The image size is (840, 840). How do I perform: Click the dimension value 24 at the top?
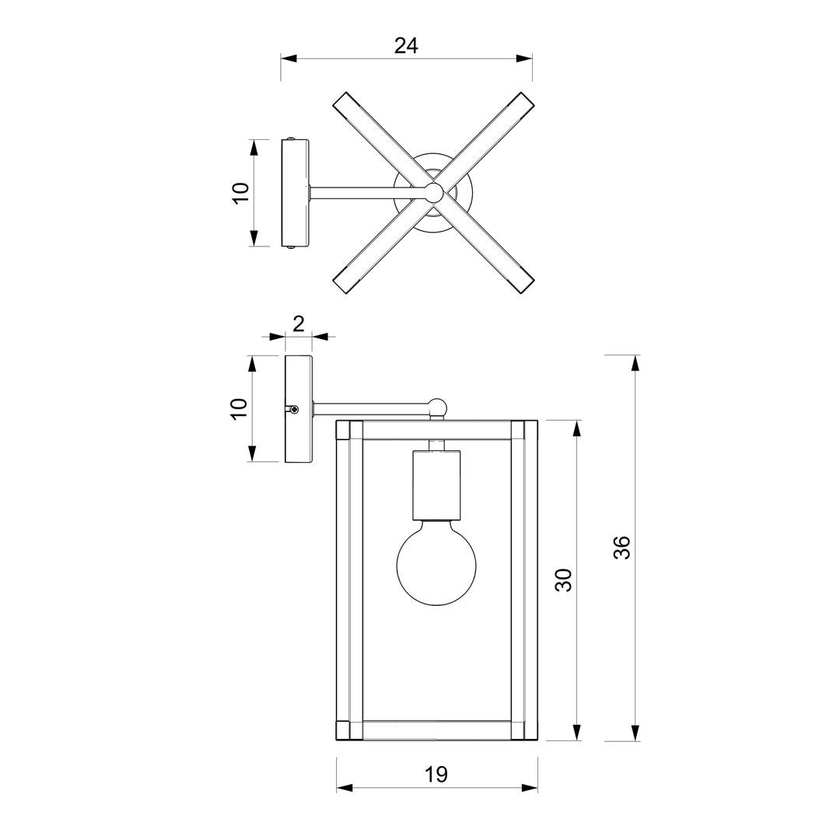[x=406, y=46]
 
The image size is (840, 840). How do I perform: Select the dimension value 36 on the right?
[x=622, y=547]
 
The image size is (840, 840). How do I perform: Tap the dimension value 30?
[x=563, y=580]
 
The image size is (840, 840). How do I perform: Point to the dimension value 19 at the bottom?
[x=436, y=774]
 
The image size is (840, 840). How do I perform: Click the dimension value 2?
[x=299, y=324]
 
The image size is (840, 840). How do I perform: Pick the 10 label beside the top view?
[x=241, y=193]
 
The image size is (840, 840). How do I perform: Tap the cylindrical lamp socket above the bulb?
[x=436, y=485]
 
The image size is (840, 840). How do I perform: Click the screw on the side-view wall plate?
[x=293, y=410]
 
